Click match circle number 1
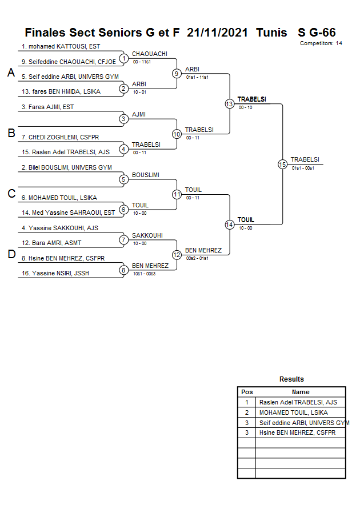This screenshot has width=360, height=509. click(x=123, y=58)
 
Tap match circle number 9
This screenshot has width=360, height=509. click(x=177, y=73)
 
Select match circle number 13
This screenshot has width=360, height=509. click(x=229, y=103)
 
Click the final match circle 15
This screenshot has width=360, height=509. click(x=282, y=164)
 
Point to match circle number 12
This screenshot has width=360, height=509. click(x=177, y=254)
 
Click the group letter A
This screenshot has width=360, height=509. click(x=10, y=73)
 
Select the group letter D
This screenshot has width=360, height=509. click(x=10, y=254)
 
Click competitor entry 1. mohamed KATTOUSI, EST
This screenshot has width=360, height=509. click(x=61, y=46)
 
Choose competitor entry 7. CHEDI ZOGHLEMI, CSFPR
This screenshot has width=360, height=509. click(x=61, y=137)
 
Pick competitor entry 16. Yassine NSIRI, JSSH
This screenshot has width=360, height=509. click(x=55, y=273)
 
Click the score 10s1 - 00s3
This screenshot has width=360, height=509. click(x=144, y=274)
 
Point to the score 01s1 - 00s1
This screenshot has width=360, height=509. click(x=303, y=168)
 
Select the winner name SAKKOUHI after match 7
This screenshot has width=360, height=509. click(x=147, y=235)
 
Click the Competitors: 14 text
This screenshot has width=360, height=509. click(x=321, y=43)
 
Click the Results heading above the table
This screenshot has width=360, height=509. click(x=291, y=379)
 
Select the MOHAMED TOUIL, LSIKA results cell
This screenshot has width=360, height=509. click(x=293, y=412)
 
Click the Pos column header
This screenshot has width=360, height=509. click(x=247, y=392)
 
